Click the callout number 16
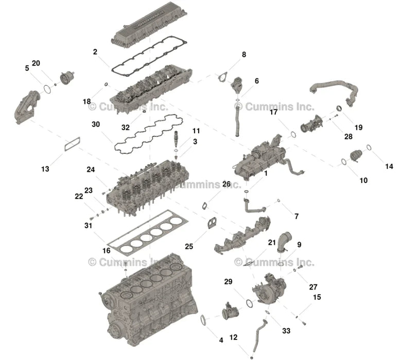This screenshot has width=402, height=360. tap(106, 250)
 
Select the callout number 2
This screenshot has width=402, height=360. tap(95, 52)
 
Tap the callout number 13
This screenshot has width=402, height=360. tap(45, 168)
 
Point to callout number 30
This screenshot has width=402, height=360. tap(95, 124)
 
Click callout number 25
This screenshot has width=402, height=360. tap(189, 247)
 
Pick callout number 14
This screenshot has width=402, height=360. tap(389, 166)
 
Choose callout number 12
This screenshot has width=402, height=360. tap(233, 337)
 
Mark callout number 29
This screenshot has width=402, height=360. tap(228, 281)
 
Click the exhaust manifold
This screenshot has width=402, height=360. tap(242, 238)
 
